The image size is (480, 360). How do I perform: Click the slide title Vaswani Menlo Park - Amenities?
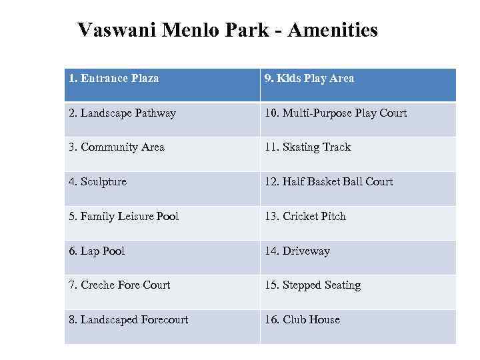pyautogui.click(x=227, y=30)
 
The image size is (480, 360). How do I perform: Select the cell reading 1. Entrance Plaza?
pyautogui.click(x=113, y=79)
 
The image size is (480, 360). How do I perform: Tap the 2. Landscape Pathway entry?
pyautogui.click(x=123, y=113)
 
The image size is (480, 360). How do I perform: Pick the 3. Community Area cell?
pyautogui.click(x=117, y=147)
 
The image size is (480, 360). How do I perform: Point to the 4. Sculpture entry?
pyautogui.click(x=97, y=182)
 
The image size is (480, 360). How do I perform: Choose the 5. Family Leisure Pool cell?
pyautogui.click(x=124, y=217)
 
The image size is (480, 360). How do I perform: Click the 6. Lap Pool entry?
pyautogui.click(x=97, y=251)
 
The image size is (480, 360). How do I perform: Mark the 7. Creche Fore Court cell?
pyautogui.click(x=119, y=285)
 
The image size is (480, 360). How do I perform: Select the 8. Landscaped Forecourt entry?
pyautogui.click(x=128, y=320)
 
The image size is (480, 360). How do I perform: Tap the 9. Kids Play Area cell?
pyautogui.click(x=309, y=79)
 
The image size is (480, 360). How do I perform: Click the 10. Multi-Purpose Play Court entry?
pyautogui.click(x=335, y=113)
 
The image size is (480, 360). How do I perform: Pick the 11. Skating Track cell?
pyautogui.click(x=307, y=147)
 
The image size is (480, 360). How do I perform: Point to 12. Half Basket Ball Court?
pyautogui.click(x=329, y=182)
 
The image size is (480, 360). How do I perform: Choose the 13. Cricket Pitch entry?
pyautogui.click(x=305, y=217)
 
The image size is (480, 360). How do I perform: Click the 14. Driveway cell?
pyautogui.click(x=297, y=251)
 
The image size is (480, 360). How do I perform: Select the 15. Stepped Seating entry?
pyautogui.click(x=313, y=285)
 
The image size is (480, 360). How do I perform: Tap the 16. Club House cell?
pyautogui.click(x=302, y=320)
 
